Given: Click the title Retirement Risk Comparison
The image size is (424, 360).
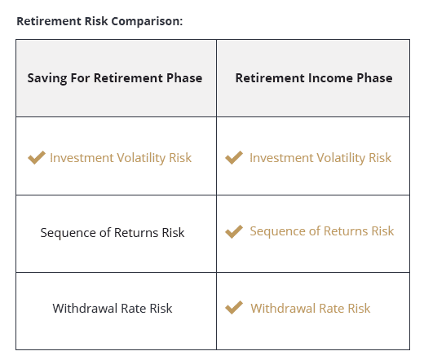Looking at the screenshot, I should (x=99, y=20).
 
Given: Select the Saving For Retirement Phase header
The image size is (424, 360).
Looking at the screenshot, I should (x=115, y=78).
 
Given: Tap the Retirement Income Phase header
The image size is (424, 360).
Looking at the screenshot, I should (x=314, y=78).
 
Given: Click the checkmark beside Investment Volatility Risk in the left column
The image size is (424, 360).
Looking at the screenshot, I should (x=37, y=157).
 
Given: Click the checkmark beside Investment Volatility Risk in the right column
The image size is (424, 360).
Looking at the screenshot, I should (x=234, y=157).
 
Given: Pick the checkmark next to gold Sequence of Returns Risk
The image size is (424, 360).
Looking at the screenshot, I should (x=234, y=231).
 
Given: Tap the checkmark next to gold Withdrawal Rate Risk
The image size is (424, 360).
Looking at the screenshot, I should (x=234, y=308).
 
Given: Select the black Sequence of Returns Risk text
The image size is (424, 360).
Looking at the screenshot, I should (x=113, y=233).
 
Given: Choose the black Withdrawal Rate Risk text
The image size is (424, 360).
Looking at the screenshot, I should (x=113, y=309).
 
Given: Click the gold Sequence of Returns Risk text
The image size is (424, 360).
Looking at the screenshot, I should (x=321, y=231).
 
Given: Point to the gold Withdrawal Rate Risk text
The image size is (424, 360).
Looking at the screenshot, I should (x=310, y=308).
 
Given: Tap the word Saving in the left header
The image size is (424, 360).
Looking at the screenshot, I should (x=46, y=78).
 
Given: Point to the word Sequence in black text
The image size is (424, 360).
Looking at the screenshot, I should (x=67, y=233).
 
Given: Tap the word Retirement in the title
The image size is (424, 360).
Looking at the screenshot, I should (x=48, y=20).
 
